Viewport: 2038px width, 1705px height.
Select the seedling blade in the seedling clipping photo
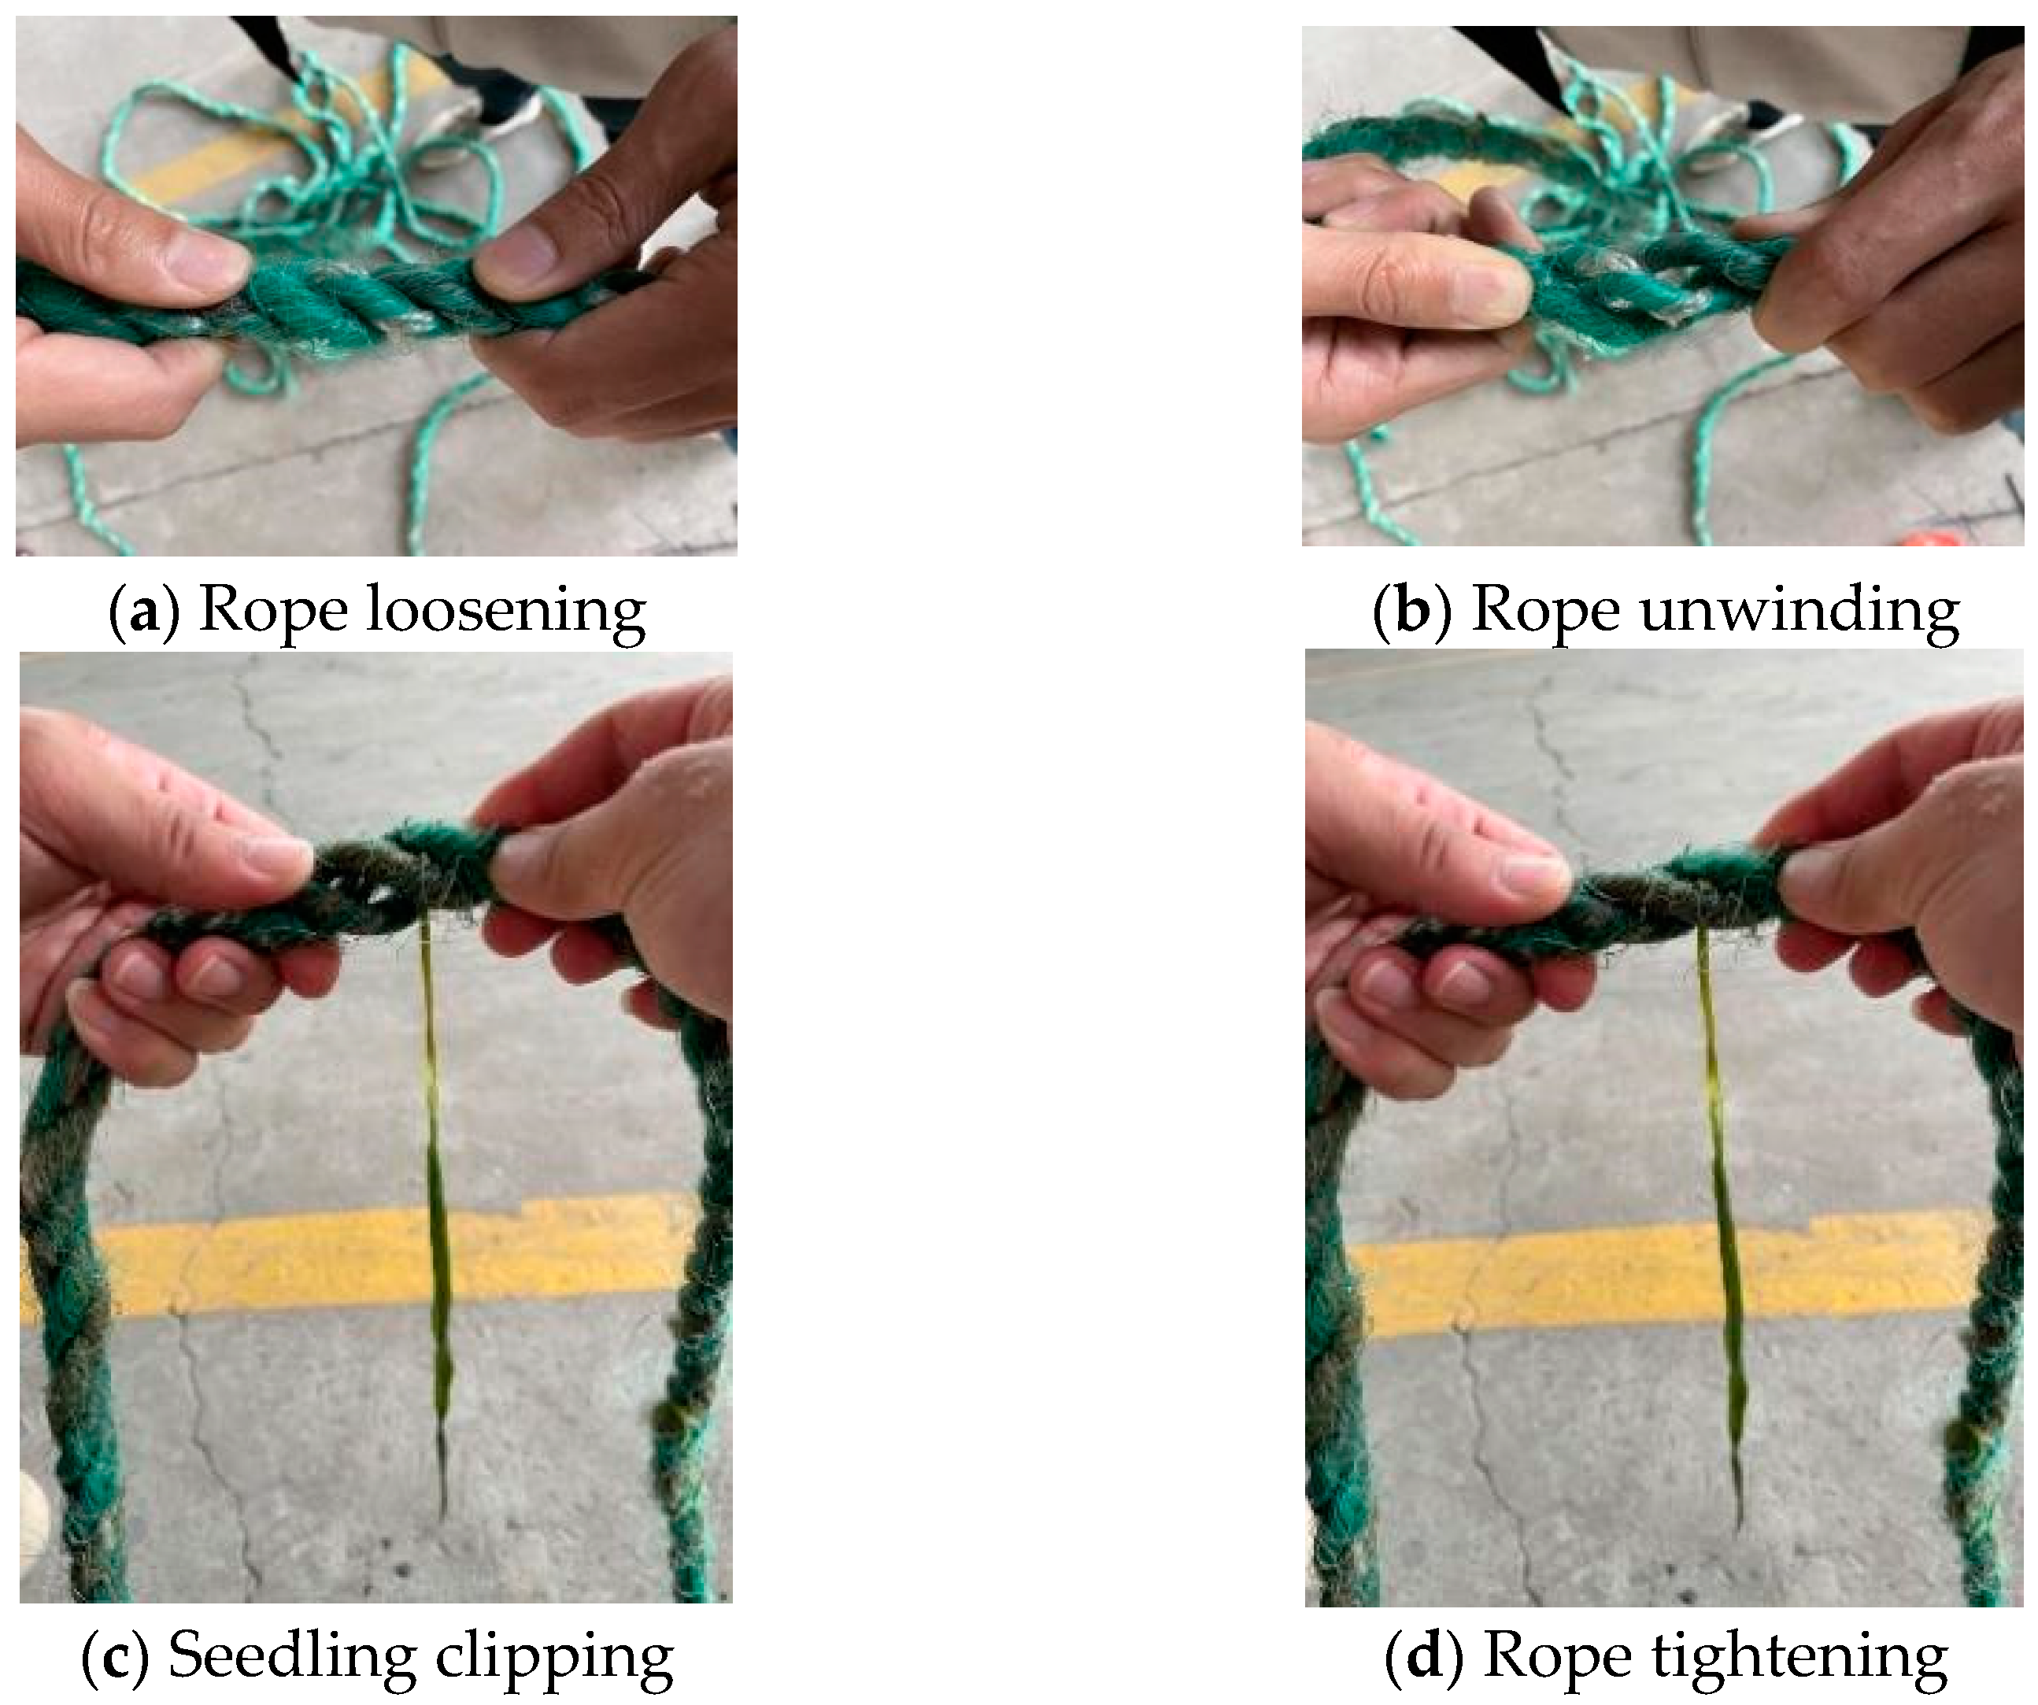point(435,1213)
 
